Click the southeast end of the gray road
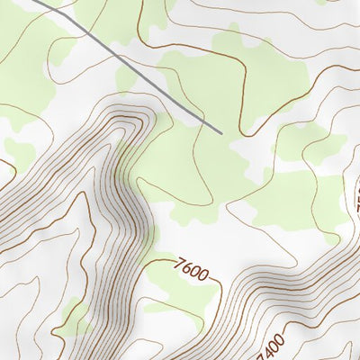[x=220, y=133]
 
